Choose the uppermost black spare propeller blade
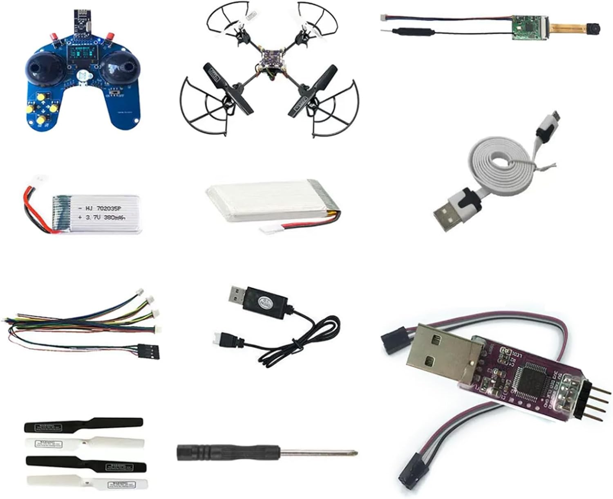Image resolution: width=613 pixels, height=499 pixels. (83, 425)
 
